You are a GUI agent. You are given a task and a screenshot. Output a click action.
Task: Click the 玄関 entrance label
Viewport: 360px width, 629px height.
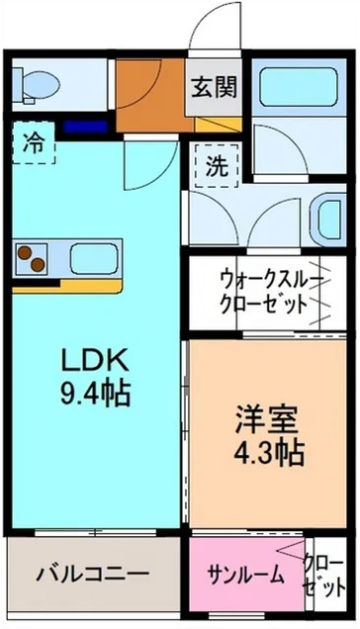[214, 87]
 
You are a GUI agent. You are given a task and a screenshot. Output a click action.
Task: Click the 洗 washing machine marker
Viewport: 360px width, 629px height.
[216, 164]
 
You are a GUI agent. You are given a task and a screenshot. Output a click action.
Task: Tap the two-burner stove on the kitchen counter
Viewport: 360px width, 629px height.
[34, 261]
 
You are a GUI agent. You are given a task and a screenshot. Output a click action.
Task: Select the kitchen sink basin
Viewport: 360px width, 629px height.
[94, 260]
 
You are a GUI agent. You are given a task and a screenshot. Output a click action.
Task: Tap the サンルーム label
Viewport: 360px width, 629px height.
[245, 576]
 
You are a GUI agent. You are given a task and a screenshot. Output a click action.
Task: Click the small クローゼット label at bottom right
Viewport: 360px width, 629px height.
[321, 576]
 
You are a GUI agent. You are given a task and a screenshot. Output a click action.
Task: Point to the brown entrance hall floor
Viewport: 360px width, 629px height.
[148, 94]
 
